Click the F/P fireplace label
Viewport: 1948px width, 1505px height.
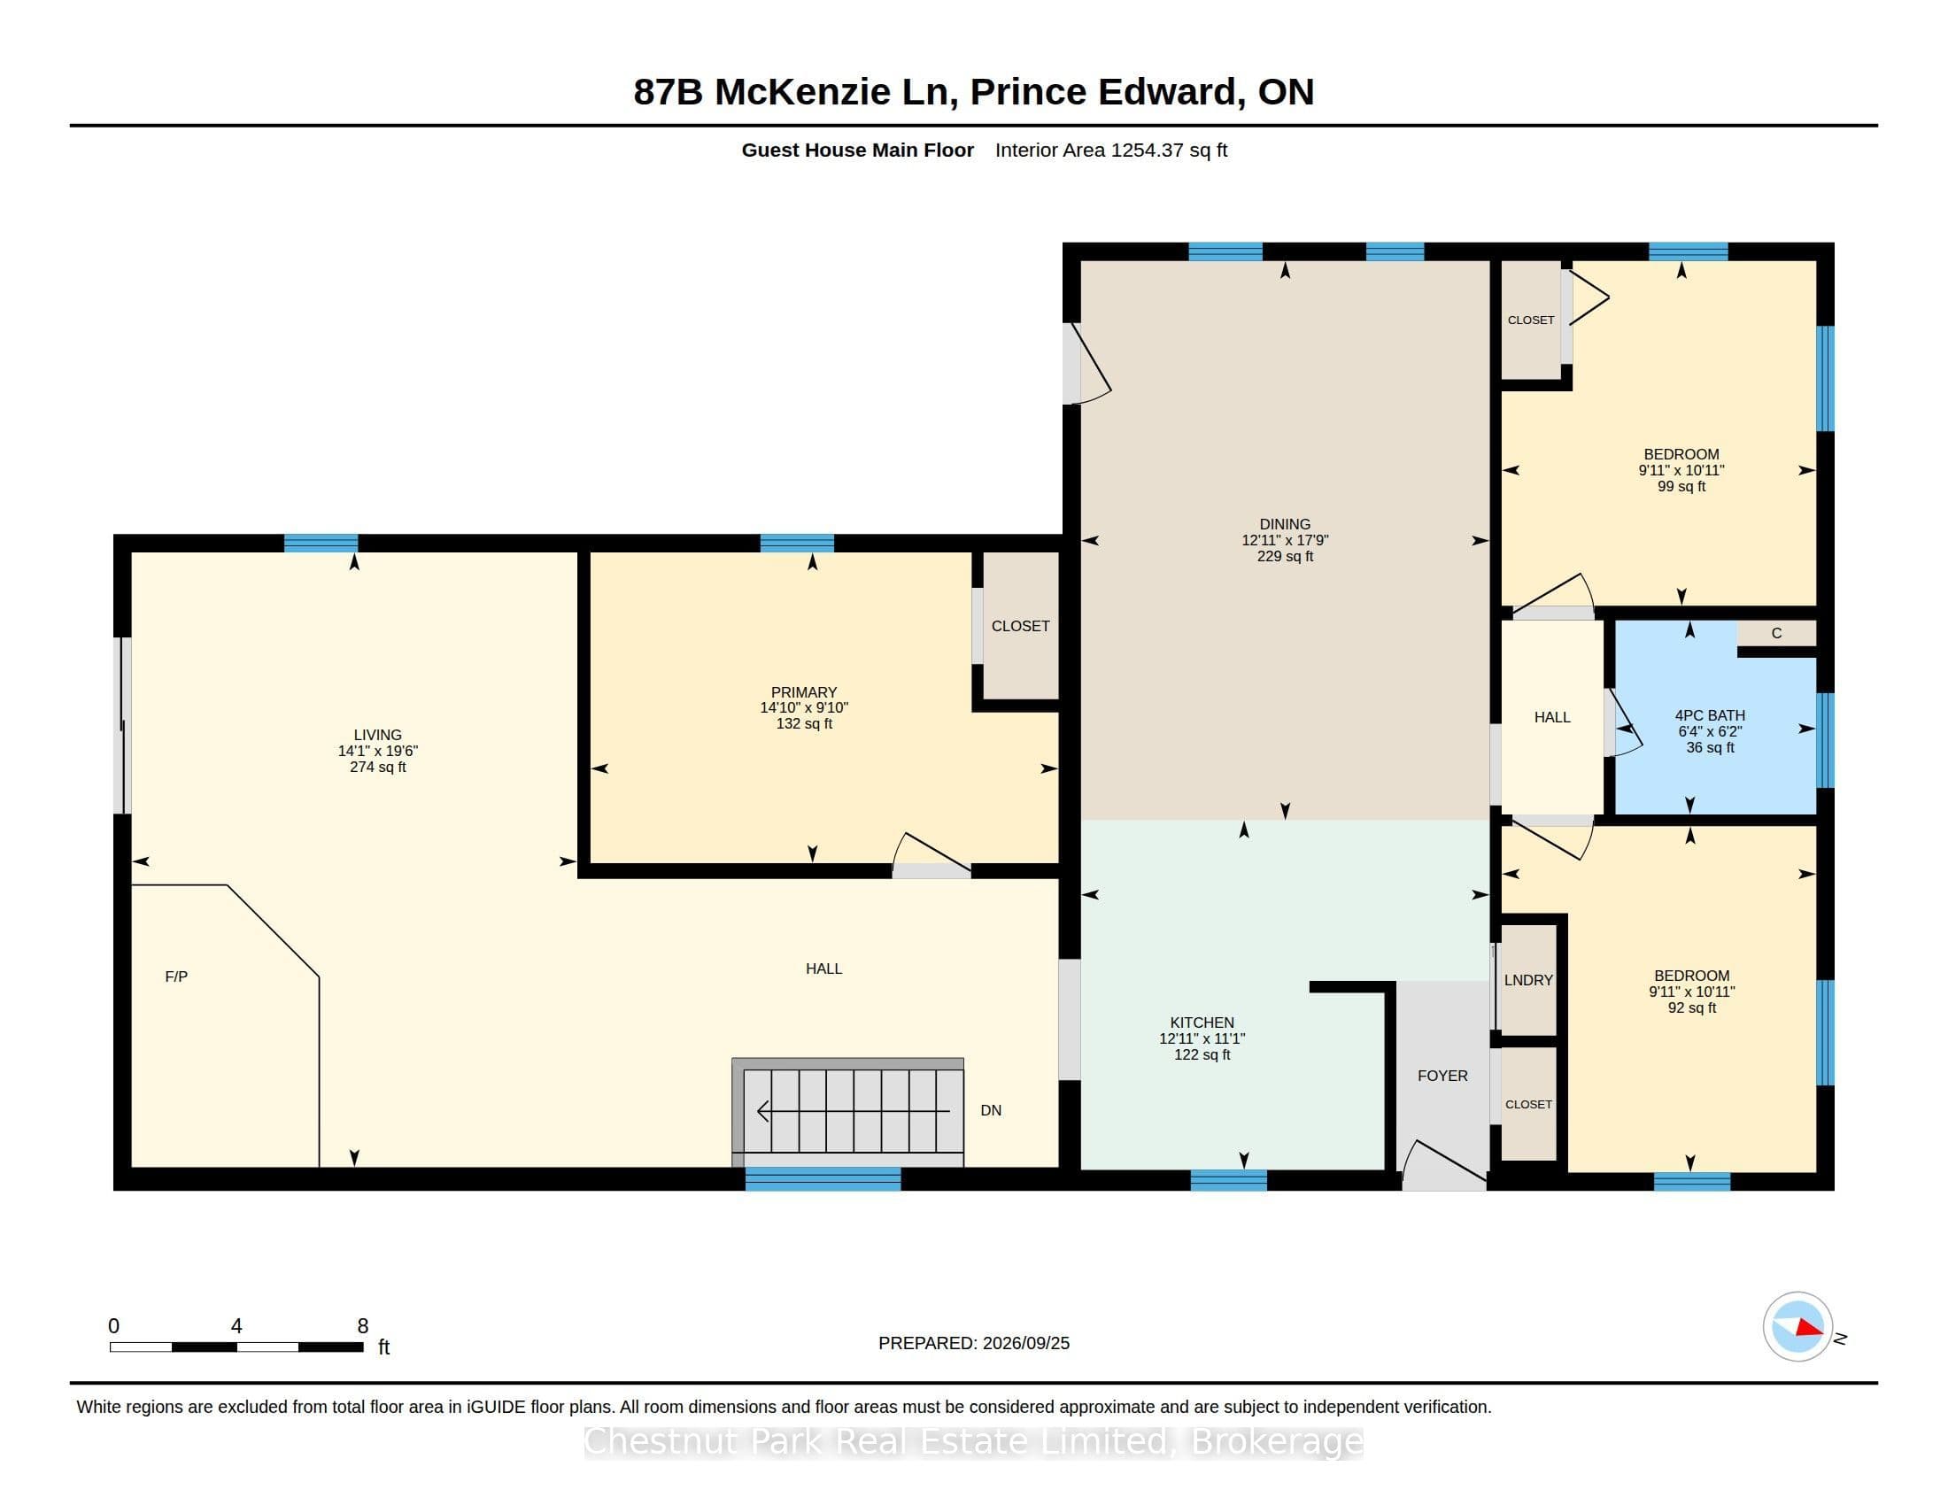coord(175,976)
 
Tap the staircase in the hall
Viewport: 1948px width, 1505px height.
coord(847,1112)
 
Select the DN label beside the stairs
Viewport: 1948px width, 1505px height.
coord(991,1110)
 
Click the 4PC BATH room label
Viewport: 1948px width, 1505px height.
coord(1710,715)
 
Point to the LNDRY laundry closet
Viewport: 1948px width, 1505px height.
coord(1529,980)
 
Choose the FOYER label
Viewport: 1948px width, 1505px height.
coord(1442,1077)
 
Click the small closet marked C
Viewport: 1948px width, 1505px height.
coord(1776,633)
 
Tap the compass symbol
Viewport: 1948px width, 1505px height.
coord(1797,1327)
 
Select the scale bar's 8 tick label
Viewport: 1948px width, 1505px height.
coord(362,1326)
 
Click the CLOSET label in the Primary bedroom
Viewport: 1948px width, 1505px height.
coord(1020,626)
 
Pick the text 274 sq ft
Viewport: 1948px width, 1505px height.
coord(377,767)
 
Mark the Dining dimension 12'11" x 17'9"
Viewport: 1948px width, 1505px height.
coord(1285,540)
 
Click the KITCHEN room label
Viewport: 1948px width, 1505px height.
coord(1202,1023)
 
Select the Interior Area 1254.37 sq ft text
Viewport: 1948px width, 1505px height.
coord(1110,150)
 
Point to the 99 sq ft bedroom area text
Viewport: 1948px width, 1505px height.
coord(1681,487)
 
